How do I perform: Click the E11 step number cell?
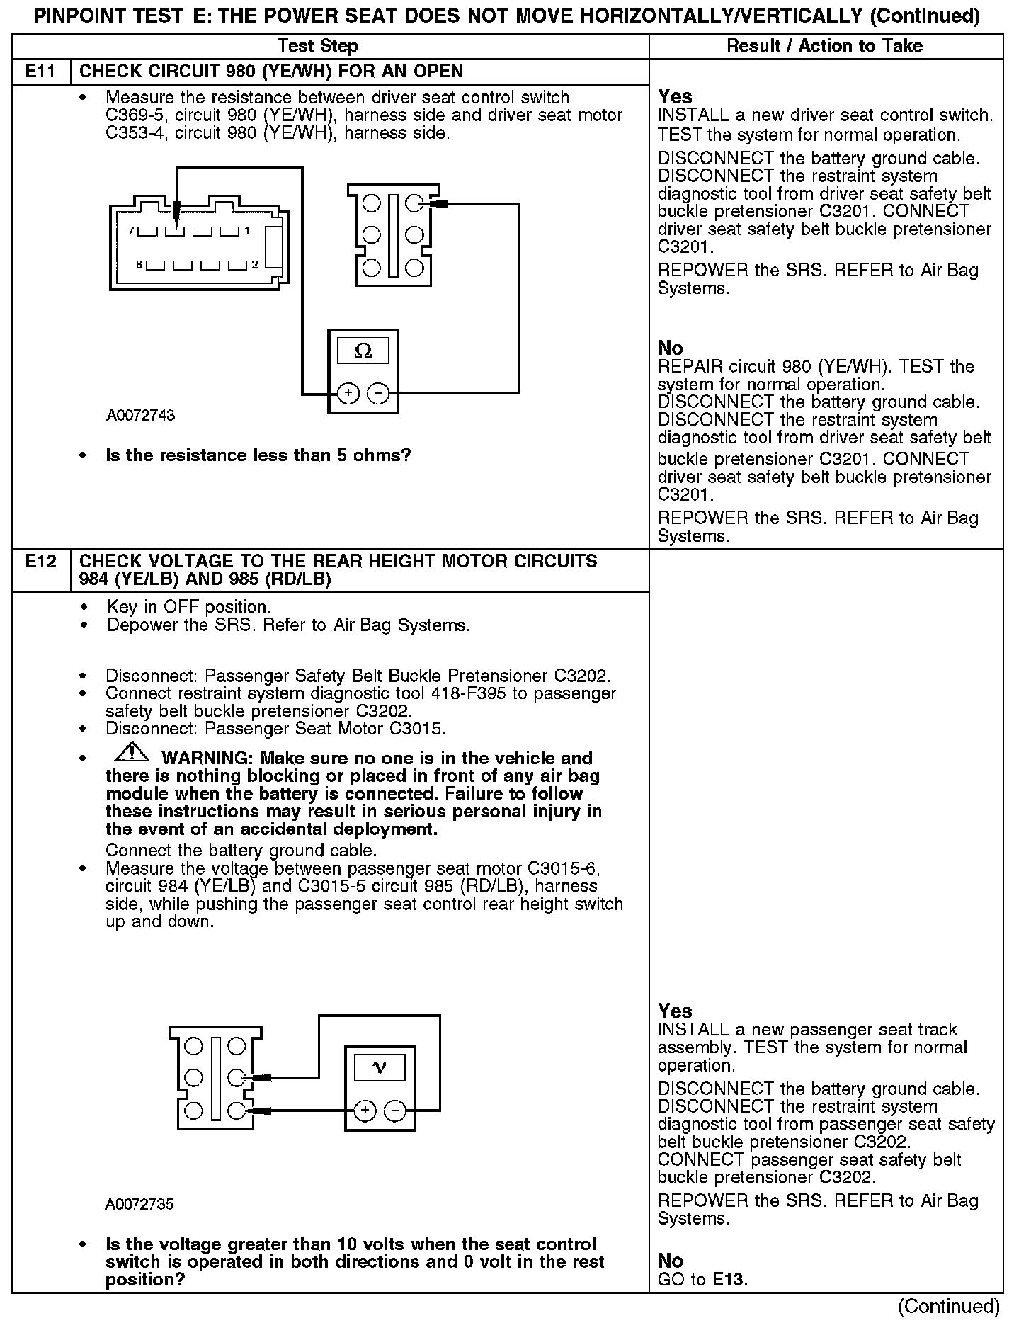(41, 71)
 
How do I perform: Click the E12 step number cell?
(41, 562)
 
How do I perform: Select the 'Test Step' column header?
(317, 46)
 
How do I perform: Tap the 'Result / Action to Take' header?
(824, 46)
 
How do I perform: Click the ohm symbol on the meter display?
(363, 351)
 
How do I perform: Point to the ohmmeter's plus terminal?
(348, 393)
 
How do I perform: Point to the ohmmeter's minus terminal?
(379, 393)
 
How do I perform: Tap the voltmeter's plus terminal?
(365, 1111)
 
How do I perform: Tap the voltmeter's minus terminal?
(395, 1111)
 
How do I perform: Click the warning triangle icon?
(131, 754)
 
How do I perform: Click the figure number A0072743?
(140, 415)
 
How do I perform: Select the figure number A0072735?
(139, 1204)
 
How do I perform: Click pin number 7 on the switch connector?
(132, 230)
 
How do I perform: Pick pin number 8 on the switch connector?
(139, 265)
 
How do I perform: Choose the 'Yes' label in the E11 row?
(675, 96)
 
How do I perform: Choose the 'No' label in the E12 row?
(670, 1261)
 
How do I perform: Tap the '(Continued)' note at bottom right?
(949, 1306)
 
